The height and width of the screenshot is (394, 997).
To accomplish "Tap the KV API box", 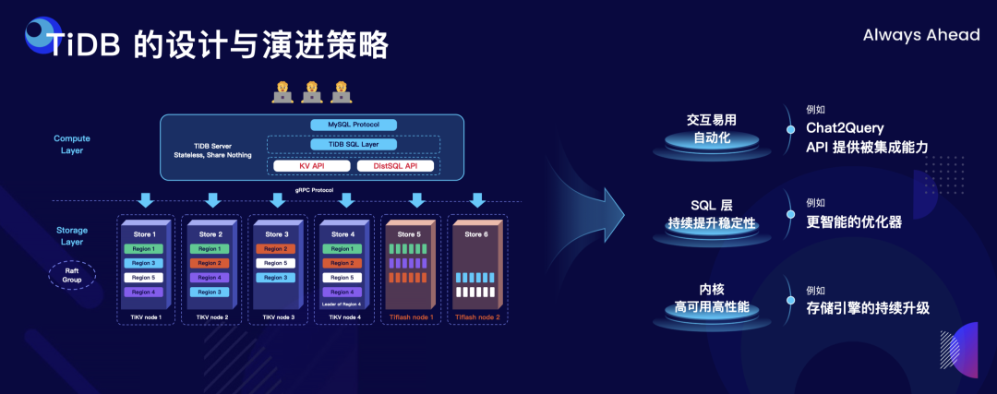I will (311, 166).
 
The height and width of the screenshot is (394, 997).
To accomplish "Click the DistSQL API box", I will (388, 166).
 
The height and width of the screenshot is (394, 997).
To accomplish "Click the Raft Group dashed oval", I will (72, 274).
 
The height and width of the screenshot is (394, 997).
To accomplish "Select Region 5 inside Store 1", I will (142, 278).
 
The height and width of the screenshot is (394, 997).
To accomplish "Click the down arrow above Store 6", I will (477, 200).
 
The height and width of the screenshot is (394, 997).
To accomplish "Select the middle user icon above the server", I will (312, 90).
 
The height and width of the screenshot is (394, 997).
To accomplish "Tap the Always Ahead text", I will (920, 35).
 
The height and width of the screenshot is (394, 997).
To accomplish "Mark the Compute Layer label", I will (72, 144).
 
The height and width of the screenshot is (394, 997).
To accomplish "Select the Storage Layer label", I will (72, 236).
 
